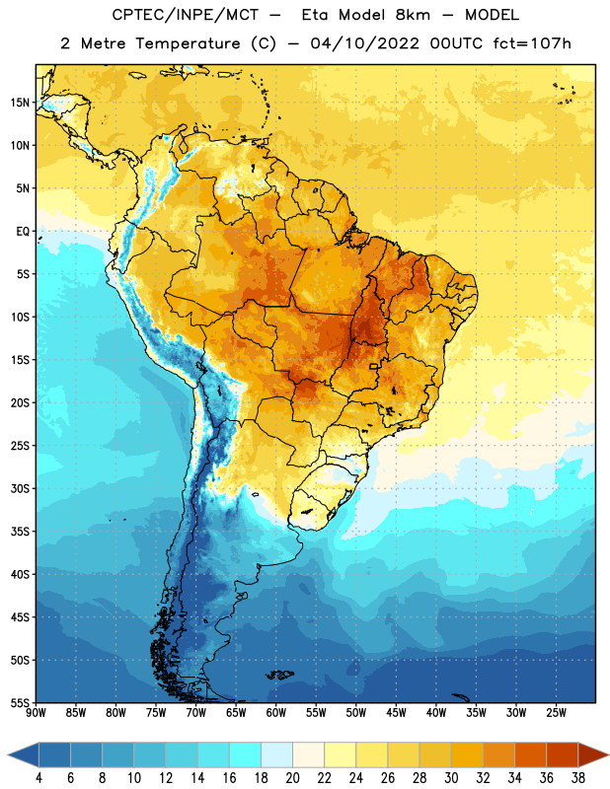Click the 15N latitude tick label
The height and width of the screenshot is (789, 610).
20,103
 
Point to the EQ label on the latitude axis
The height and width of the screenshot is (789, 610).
23,232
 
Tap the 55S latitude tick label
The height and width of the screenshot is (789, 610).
20,702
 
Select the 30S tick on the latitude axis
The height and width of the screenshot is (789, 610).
20,488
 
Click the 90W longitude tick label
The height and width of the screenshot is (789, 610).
36,713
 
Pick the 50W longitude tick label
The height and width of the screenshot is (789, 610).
355,713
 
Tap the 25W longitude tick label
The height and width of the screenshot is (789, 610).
556,713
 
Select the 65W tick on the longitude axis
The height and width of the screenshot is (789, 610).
236,713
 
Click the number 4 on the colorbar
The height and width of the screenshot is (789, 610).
38,778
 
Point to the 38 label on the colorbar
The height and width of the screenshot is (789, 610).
577,778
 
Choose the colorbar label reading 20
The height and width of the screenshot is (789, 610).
292,778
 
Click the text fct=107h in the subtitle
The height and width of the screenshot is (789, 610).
532,43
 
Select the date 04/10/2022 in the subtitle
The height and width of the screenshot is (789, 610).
364,43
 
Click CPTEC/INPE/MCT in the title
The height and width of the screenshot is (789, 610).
185,15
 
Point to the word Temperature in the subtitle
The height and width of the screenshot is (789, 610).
188,44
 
